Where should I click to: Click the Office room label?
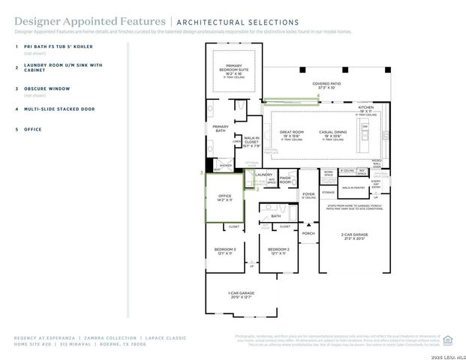pos(224,199)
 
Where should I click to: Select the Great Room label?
pos(291,133)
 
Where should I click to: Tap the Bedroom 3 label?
pos(224,250)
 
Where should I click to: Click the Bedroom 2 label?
pos(278,250)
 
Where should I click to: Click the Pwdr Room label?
pos(285,180)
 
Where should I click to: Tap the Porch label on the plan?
pos(308,233)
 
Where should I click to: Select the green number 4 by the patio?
pos(318,96)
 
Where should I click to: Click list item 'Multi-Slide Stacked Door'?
pos(59,109)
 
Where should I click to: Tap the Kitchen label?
pos(365,107)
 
